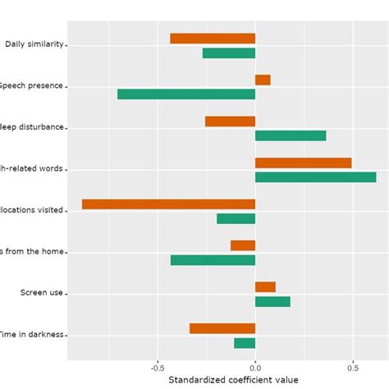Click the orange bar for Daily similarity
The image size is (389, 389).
pyautogui.click(x=213, y=39)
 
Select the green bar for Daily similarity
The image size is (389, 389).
pyautogui.click(x=229, y=53)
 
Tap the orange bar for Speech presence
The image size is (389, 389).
pyautogui.click(x=263, y=80)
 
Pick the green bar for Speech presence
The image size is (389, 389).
pyautogui.click(x=186, y=94)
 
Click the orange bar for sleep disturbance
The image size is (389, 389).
pyautogui.click(x=230, y=121)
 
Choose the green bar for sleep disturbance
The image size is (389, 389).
pyautogui.click(x=291, y=136)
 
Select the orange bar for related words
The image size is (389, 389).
pyautogui.click(x=304, y=162)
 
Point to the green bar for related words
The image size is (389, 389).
pyautogui.click(x=316, y=177)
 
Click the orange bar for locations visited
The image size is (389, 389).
pyautogui.click(x=168, y=204)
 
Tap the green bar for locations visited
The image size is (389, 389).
pyautogui.click(x=236, y=219)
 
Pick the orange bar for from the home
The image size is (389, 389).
pyautogui.click(x=243, y=245)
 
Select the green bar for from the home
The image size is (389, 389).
pyautogui.click(x=213, y=260)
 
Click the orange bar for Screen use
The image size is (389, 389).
pyautogui.click(x=265, y=287)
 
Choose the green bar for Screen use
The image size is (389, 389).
pyautogui.click(x=272, y=301)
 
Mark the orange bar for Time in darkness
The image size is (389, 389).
pyautogui.click(x=222, y=328)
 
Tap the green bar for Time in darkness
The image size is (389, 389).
pyautogui.click(x=245, y=343)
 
